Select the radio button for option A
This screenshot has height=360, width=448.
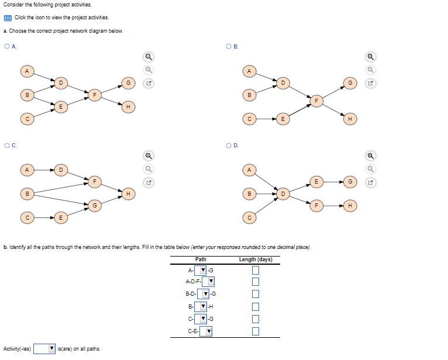coord(6,46)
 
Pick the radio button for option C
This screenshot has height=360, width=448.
coord(6,145)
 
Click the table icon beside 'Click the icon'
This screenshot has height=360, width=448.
coord(7,18)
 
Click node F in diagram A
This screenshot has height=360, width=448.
coord(94,94)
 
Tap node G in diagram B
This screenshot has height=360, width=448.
coord(350,83)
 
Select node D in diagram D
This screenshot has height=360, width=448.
coord(282,193)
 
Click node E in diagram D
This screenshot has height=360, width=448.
coord(316,182)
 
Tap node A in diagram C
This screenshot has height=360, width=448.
coord(26,169)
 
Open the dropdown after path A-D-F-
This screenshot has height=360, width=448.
coord(210,282)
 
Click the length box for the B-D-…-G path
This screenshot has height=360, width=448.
coord(255,294)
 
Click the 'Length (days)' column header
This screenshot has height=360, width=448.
coord(256,259)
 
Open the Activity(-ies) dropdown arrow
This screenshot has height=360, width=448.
coord(51,349)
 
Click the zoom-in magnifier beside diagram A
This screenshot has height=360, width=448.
coord(149,57)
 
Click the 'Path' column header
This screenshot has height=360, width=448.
coord(201,259)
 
